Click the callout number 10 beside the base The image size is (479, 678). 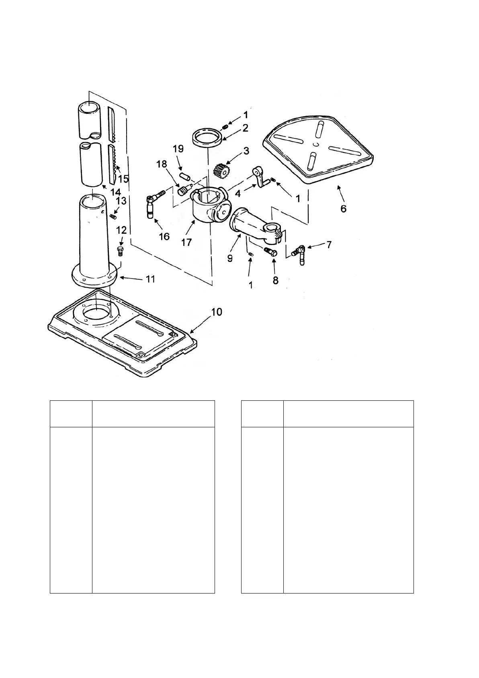tap(216, 312)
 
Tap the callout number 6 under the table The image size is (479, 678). tap(343, 209)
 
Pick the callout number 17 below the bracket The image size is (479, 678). tap(186, 242)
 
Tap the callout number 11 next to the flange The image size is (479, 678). tap(150, 279)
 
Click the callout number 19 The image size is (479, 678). tap(178, 148)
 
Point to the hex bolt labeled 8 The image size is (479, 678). tap(271, 252)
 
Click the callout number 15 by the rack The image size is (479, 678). tap(124, 178)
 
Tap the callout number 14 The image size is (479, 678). tap(116, 192)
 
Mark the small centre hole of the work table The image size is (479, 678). tap(317, 144)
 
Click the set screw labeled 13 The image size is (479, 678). tap(113, 217)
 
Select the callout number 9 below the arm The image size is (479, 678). tap(230, 258)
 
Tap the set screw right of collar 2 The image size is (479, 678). tap(225, 127)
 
